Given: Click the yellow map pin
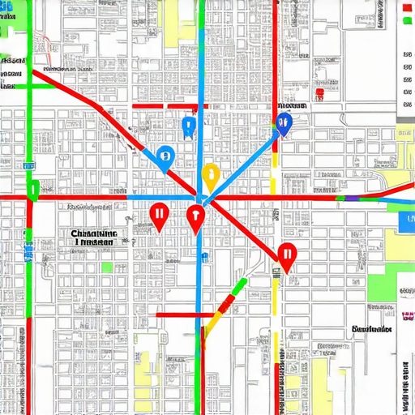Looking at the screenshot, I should pos(210,173).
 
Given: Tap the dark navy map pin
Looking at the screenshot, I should pos(283,123).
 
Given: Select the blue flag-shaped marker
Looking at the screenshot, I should pos(189,126).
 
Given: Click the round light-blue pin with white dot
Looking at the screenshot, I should pos(165,156).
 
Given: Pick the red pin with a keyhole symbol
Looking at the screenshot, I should pos(195,216).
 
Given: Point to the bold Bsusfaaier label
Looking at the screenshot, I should pos(373,329).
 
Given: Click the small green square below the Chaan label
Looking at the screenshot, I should pos(107,266).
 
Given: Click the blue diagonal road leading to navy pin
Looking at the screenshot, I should pos(243,159).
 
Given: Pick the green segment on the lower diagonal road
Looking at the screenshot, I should pos(237,286).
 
